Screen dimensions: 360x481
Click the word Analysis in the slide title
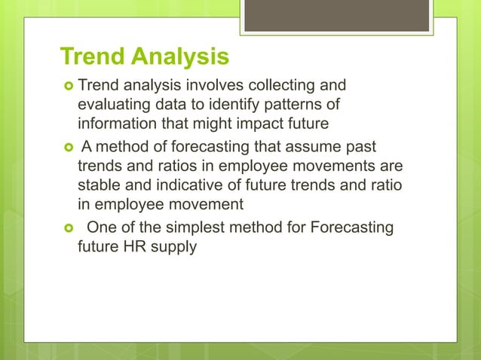click(181, 57)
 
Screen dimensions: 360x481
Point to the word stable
click(98, 185)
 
